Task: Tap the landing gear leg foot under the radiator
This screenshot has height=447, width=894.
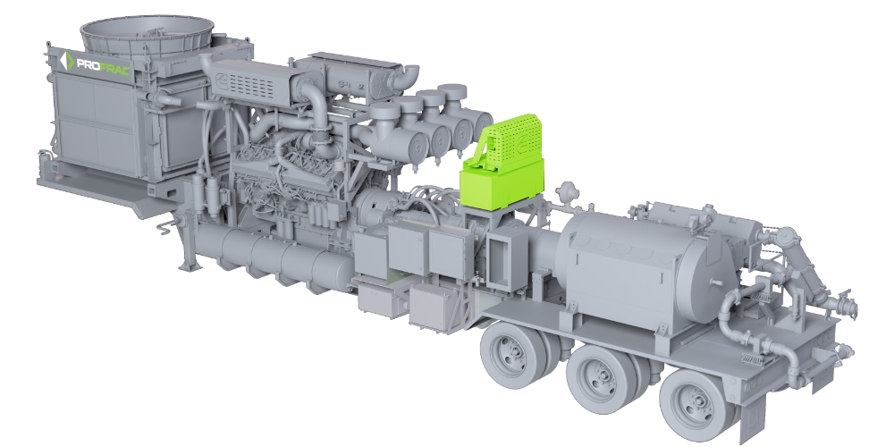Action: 189,266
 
